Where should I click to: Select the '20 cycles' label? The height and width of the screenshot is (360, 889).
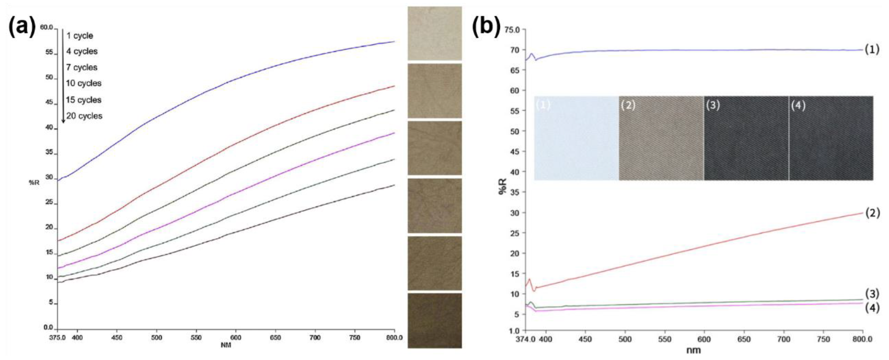[x=84, y=116]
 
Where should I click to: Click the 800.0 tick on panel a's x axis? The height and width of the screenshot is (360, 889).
[x=394, y=337]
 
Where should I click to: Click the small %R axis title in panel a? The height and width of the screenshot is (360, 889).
[x=34, y=183]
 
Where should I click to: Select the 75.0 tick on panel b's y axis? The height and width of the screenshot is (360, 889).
[x=512, y=30]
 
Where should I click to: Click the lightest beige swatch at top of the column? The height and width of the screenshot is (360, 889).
[x=434, y=34]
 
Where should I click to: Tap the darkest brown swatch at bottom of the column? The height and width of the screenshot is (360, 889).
[x=434, y=320]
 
